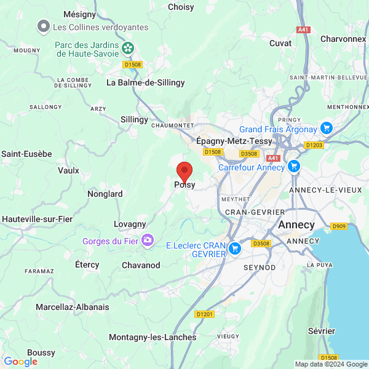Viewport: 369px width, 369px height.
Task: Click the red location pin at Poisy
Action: click(x=184, y=172)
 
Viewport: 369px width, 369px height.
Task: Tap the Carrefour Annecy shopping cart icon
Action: click(x=294, y=167)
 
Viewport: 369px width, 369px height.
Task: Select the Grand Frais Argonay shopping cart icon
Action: click(x=327, y=129)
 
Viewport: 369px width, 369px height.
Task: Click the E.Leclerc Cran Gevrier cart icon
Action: click(x=234, y=248)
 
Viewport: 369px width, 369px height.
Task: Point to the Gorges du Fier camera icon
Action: click(x=148, y=240)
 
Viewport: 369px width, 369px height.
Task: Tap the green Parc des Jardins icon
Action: click(x=128, y=49)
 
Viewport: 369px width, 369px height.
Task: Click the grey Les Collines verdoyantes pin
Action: click(x=44, y=27)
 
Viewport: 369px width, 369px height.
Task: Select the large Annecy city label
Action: click(x=296, y=225)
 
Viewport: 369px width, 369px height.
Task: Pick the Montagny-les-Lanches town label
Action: click(x=153, y=337)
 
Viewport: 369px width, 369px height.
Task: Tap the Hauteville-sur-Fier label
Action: click(x=36, y=219)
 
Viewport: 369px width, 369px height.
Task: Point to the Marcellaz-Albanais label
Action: click(x=73, y=306)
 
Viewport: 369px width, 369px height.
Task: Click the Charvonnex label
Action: click(x=343, y=39)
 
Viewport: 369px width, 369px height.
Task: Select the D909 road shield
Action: click(x=339, y=227)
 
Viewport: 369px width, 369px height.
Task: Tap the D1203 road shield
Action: click(x=314, y=145)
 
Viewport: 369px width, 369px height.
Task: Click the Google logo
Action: click(x=20, y=362)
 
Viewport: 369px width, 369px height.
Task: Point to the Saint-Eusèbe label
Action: click(x=26, y=154)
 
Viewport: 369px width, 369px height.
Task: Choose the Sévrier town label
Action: click(x=321, y=330)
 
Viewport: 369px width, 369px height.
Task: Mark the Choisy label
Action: click(x=181, y=7)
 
